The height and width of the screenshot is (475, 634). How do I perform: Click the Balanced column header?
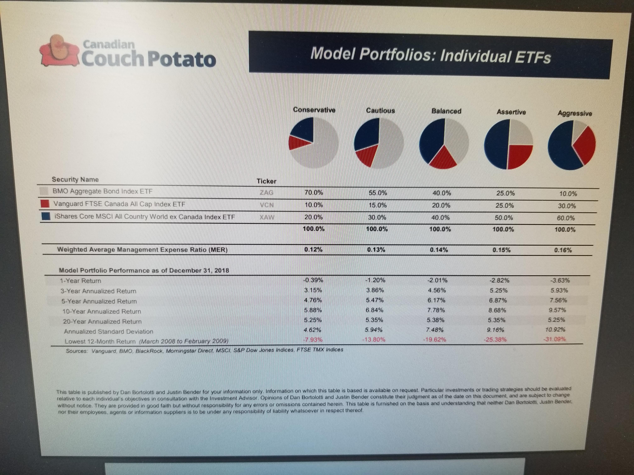pyautogui.click(x=446, y=111)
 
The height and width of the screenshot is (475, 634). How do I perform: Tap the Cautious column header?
pyautogui.click(x=380, y=111)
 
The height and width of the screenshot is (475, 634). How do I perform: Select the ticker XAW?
pyautogui.click(x=267, y=217)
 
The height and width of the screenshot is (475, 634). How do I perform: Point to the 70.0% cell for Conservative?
pyautogui.click(x=314, y=193)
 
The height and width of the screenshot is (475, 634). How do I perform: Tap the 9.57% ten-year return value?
pyautogui.click(x=557, y=310)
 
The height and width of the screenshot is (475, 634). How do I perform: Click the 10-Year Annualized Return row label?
pyautogui.click(x=102, y=311)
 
